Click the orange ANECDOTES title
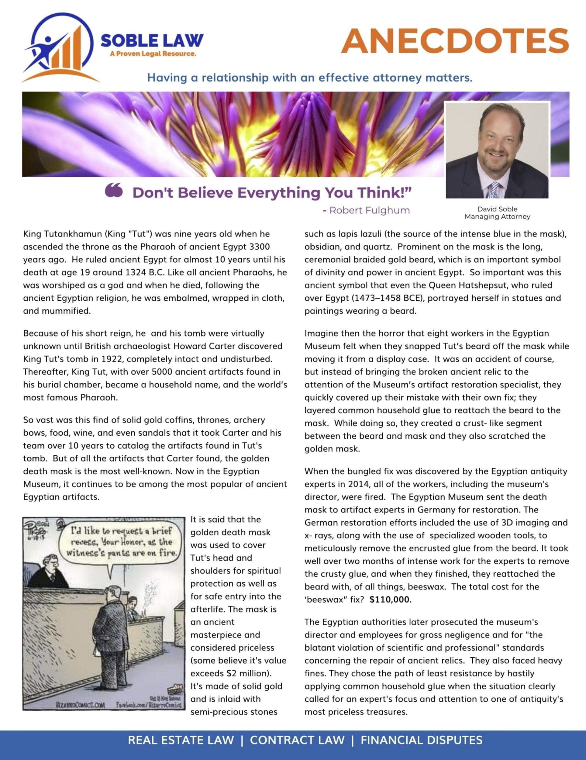coord(455,41)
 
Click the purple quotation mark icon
coord(114,191)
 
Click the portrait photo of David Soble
coord(497,150)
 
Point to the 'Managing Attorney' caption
coord(497,216)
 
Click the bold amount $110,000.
coord(391,599)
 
